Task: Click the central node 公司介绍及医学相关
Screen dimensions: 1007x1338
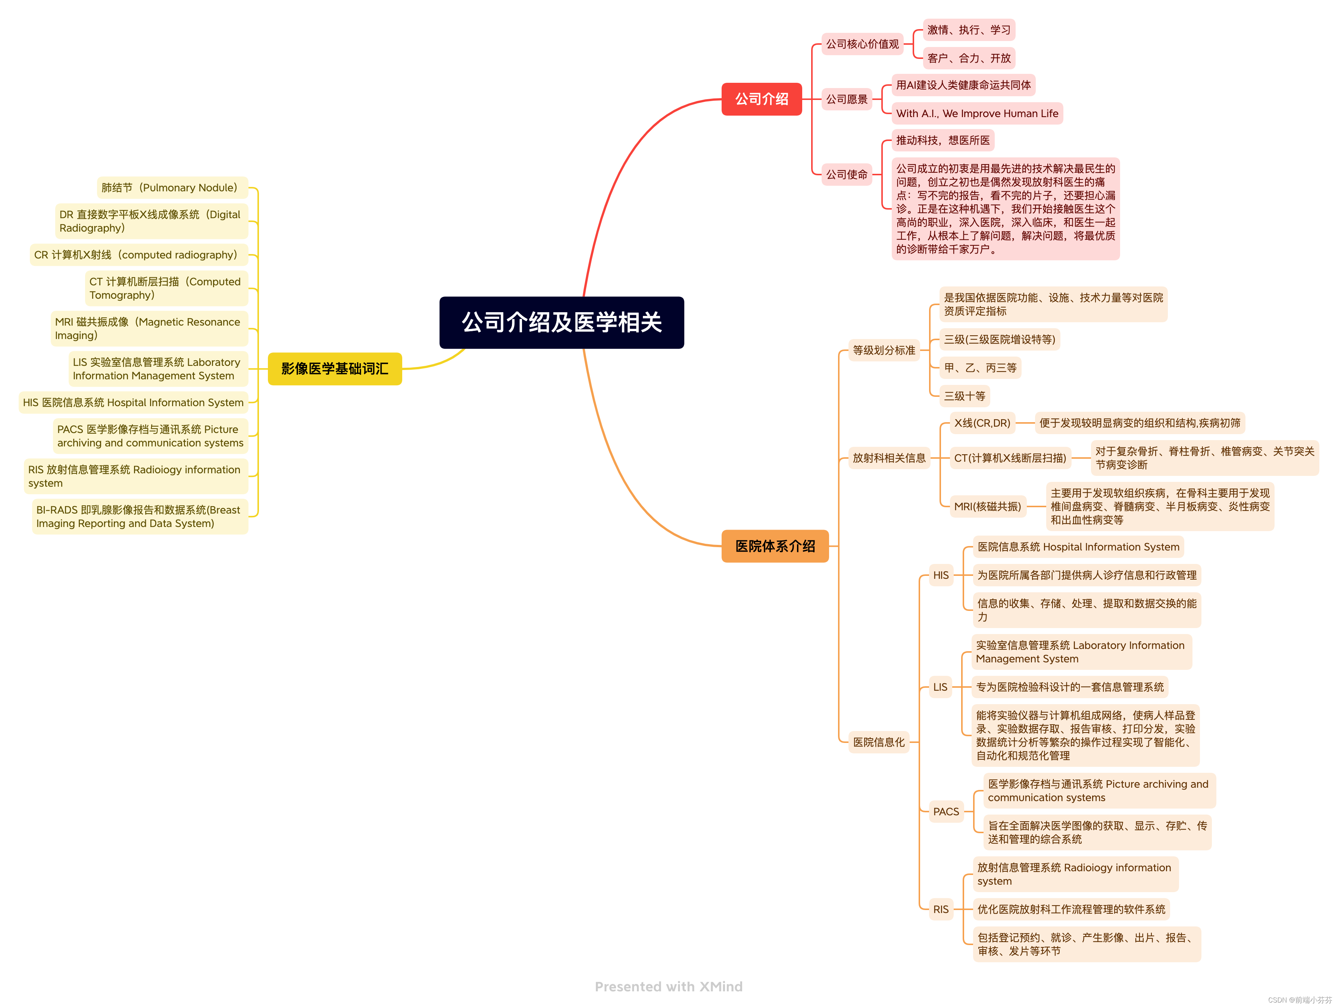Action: (561, 322)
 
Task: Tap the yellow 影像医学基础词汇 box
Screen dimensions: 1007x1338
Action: (334, 368)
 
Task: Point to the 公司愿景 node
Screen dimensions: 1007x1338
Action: (846, 99)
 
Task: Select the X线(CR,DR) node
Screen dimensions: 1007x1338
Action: (982, 423)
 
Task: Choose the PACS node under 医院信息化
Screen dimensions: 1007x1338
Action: (945, 812)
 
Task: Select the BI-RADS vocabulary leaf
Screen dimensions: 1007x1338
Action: (140, 517)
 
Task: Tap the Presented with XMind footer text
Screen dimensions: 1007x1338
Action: (668, 986)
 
